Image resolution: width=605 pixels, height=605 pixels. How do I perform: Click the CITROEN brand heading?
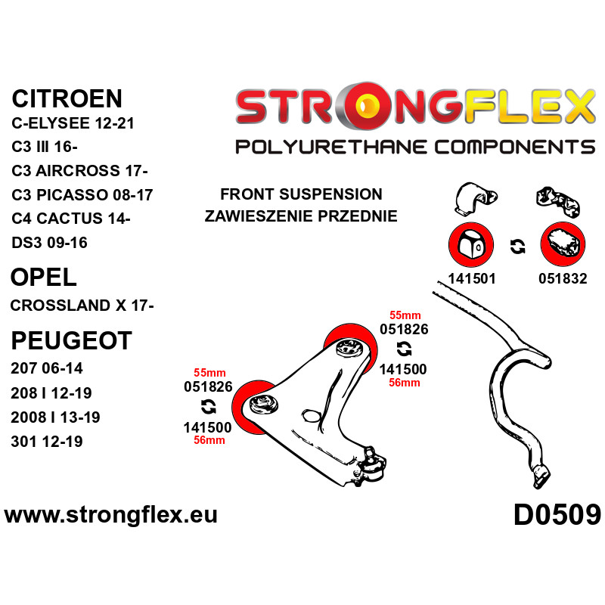67,99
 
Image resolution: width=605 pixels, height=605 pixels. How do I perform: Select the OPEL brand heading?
44,277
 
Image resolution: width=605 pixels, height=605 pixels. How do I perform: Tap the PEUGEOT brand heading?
71,341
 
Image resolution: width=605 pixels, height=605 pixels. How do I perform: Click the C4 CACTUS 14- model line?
71,219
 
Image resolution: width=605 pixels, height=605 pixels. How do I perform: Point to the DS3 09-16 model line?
49,243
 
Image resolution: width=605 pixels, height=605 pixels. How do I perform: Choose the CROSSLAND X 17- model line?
82,306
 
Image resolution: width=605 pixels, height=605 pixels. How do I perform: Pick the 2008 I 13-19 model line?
55,417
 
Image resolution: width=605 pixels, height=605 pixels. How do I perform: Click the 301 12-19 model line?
47,442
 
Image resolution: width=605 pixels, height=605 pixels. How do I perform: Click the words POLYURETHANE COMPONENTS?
415,147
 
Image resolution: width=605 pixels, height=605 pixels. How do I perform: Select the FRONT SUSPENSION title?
301,194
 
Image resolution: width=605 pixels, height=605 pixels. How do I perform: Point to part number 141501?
471,278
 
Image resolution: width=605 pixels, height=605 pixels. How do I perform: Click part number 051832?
563,278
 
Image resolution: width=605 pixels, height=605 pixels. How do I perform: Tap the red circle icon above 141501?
471,244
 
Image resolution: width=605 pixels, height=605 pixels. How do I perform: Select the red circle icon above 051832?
563,244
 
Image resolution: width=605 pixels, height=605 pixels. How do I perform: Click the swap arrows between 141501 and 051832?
517,247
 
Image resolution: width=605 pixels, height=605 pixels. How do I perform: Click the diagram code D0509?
557,515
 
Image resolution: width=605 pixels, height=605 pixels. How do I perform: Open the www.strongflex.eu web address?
110,515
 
